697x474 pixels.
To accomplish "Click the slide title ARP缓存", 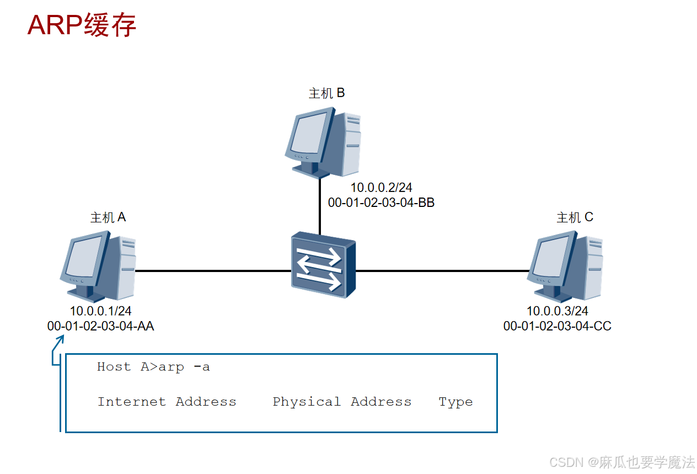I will [x=82, y=25].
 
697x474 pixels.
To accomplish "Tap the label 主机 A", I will [x=108, y=217].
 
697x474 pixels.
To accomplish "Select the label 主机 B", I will [x=326, y=93].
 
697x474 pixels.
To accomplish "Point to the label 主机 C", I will [x=575, y=217].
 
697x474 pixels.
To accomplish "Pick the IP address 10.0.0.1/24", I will [x=100, y=311].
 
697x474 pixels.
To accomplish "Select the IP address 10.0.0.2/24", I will [x=381, y=188].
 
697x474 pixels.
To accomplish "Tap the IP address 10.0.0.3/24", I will [x=557, y=311].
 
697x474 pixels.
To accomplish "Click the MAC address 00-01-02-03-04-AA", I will [x=100, y=327].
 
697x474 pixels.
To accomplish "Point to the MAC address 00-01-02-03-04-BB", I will [x=381, y=203].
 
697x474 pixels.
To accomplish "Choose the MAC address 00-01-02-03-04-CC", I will [x=557, y=327].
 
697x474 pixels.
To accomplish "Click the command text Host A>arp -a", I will [x=153, y=367].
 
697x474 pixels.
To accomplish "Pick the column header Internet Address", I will [x=167, y=402].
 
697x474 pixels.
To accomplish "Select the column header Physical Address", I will [x=342, y=402].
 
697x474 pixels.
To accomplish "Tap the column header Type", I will [x=455, y=402].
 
